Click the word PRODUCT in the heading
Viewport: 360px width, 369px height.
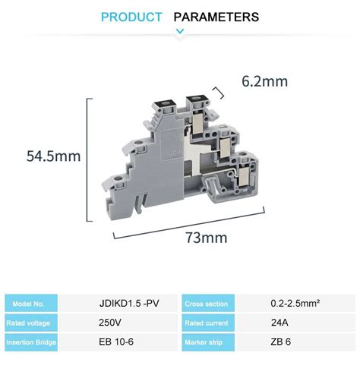131,17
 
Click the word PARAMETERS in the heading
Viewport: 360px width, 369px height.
216,17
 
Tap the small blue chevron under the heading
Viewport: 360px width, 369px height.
180,31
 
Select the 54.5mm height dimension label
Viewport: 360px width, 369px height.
53,156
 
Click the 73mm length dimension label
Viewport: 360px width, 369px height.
207,238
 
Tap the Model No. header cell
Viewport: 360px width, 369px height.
30,304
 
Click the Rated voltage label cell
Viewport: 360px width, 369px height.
30,323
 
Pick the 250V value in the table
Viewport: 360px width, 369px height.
110,323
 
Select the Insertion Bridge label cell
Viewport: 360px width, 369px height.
30,342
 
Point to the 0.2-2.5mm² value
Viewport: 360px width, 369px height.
295,304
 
